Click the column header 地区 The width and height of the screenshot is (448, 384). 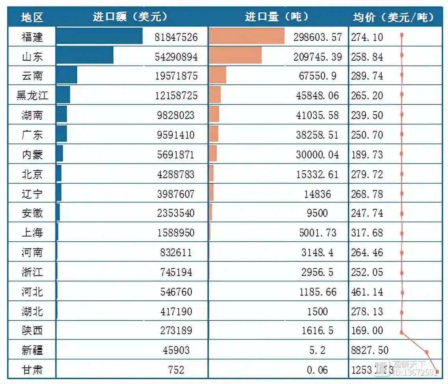(32, 17)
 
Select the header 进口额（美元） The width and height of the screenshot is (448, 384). (130, 17)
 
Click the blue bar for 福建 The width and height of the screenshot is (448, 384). (99, 36)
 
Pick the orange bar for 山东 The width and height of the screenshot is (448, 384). (235, 56)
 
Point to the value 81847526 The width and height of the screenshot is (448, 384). (176, 37)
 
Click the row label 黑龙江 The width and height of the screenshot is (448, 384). (32, 95)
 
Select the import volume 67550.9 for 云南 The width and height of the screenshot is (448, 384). (318, 76)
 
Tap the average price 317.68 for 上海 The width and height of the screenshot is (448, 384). (367, 233)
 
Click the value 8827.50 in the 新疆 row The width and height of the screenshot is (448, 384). (370, 350)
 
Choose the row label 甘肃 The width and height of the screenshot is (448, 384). (32, 370)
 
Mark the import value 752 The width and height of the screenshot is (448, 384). (176, 370)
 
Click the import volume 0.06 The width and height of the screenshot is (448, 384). (318, 370)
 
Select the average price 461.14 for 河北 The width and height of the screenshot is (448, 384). (367, 292)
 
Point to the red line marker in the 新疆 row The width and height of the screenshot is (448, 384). (427, 352)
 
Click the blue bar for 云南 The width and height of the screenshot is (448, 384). (66, 75)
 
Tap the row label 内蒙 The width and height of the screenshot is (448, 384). (32, 154)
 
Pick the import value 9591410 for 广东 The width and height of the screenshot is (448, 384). (176, 135)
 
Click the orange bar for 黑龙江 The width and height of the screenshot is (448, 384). (215, 95)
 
